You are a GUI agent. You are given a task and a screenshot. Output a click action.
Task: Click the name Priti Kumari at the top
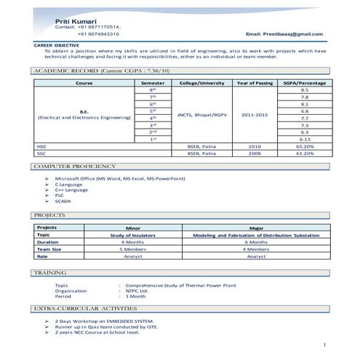(74, 23)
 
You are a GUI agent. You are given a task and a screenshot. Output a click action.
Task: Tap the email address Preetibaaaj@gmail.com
(284, 34)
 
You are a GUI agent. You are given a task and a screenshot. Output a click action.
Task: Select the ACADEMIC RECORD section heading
(101, 71)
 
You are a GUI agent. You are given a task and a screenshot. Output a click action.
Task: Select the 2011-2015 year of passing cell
(254, 114)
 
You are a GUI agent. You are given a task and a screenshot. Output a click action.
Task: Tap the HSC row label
(41, 146)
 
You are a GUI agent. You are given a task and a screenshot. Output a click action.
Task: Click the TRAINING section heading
(51, 272)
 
